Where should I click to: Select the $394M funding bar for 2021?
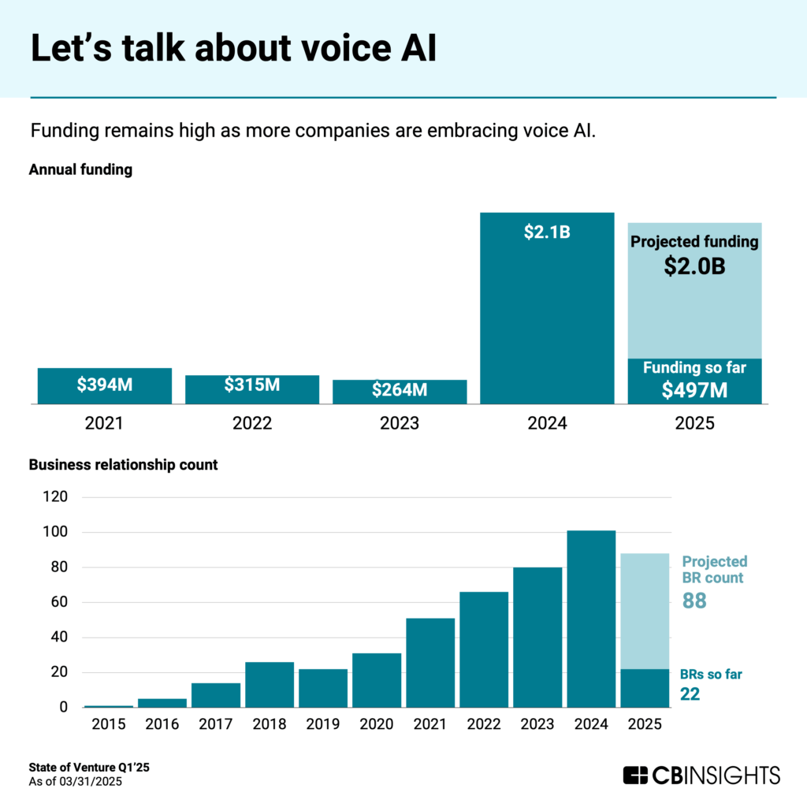point(104,385)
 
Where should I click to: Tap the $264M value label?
point(400,389)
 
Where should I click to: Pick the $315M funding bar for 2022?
point(252,389)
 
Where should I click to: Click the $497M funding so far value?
point(694,389)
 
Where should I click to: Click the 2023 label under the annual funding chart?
point(400,423)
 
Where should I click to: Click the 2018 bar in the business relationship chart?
point(270,684)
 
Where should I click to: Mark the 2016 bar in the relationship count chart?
point(162,703)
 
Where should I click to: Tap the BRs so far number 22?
point(690,694)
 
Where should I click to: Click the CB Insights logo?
point(701,775)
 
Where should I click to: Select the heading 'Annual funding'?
point(80,169)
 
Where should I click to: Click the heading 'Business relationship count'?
point(123,465)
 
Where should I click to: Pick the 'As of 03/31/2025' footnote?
point(76,782)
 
